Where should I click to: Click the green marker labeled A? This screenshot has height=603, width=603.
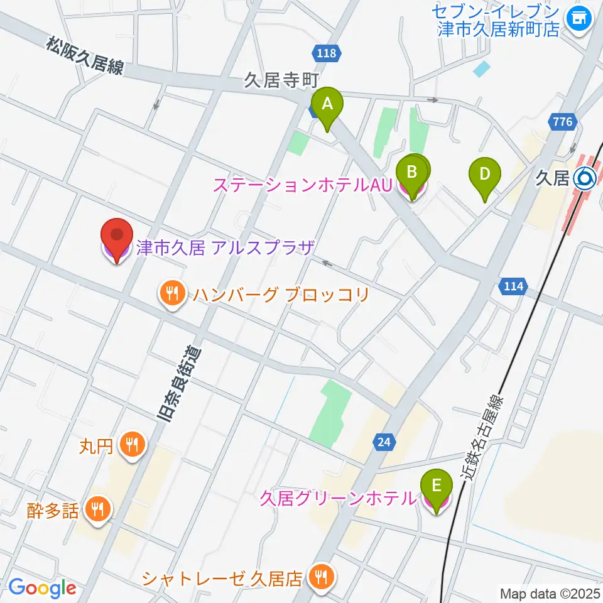[327, 106]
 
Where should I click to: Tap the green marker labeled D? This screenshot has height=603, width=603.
[484, 175]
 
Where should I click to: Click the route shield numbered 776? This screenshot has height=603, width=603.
[563, 122]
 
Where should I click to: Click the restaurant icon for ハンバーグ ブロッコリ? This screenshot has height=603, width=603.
[171, 293]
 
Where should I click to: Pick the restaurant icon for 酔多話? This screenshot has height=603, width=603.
[97, 509]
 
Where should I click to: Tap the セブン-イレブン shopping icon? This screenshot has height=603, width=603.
[577, 18]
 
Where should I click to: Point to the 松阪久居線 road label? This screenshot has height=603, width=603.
[85, 56]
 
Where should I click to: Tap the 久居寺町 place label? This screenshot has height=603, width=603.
[282, 80]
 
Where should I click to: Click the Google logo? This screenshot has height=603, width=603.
[43, 588]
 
